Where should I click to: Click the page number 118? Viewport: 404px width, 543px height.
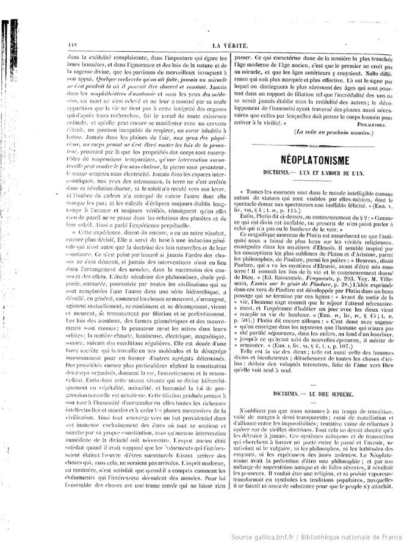tap(67, 45)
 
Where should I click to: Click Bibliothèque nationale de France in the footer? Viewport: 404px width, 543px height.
tap(372, 534)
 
